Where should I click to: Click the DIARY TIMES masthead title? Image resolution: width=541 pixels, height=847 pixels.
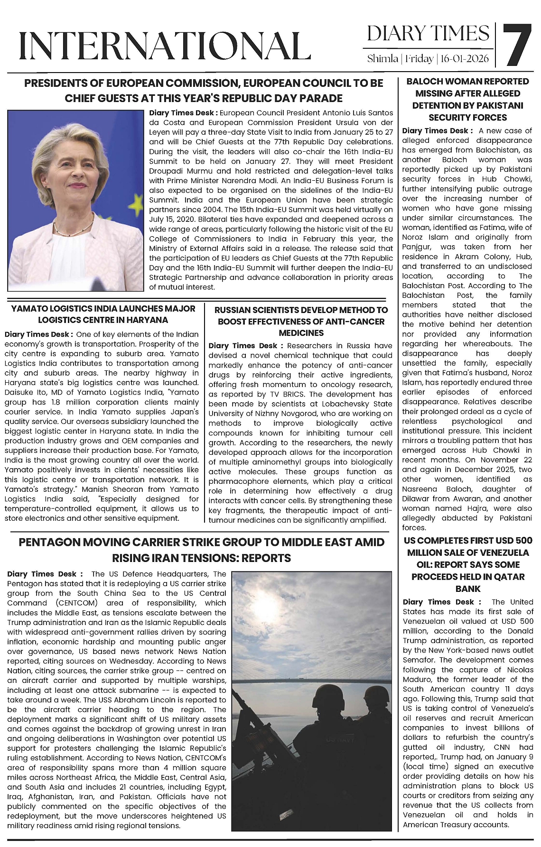pos(428,34)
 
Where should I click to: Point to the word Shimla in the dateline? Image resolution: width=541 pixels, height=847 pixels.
pos(382,59)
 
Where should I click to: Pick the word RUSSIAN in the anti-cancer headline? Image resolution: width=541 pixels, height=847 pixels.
pos(233,310)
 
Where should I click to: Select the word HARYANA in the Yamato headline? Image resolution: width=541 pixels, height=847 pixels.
pos(148,320)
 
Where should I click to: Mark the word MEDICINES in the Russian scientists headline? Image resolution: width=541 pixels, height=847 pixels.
pos(301,333)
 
